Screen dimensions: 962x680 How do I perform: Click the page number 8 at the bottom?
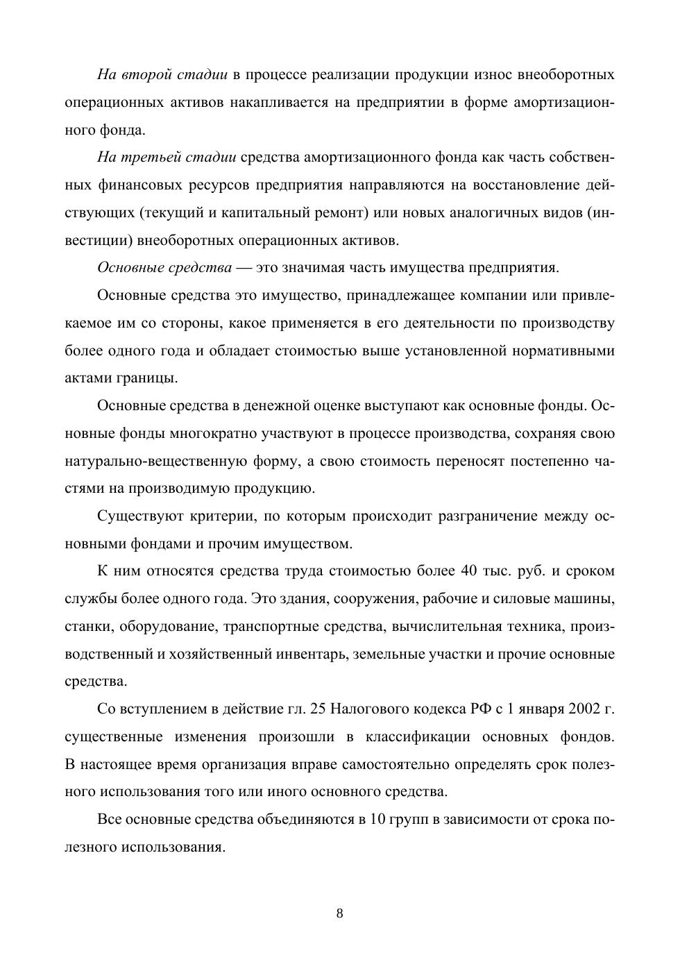(339, 913)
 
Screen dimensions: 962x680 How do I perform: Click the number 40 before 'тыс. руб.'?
(468, 571)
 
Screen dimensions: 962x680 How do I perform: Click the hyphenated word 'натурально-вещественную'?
(179, 462)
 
